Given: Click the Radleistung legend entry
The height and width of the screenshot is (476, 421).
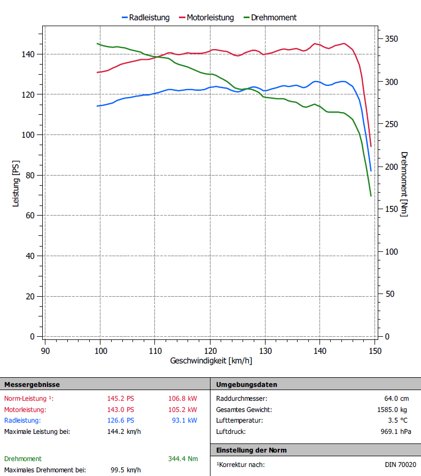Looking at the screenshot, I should click(149, 18).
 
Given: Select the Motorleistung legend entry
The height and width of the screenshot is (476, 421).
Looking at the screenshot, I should click(210, 18).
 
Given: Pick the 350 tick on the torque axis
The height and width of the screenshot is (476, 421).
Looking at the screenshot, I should click(391, 39).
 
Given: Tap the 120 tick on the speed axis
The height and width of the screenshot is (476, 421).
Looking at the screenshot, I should click(210, 351).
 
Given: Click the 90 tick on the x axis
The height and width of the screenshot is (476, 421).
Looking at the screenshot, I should click(46, 351).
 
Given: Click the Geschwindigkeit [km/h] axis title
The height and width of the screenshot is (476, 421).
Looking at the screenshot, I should click(211, 361).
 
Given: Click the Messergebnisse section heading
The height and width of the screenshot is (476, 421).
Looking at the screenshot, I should click(32, 384).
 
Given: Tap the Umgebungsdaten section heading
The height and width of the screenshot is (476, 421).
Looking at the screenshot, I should click(246, 384).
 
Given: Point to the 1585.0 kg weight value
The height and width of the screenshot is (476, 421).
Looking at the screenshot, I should click(392, 409).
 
